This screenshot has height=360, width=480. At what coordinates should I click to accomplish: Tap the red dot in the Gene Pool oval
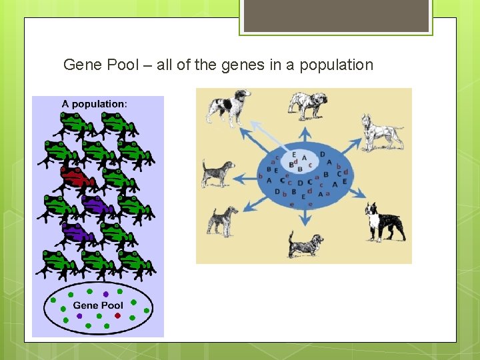pos(118,315)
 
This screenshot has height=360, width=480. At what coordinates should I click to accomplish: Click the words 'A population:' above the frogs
pos(95,104)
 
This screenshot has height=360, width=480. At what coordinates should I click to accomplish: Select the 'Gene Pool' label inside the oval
pos(98,305)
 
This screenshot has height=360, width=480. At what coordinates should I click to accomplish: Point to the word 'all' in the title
pos(166,65)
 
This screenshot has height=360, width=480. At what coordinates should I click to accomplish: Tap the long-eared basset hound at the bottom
pos(305,245)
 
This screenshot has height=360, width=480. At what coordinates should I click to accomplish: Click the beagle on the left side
pos(218,173)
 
